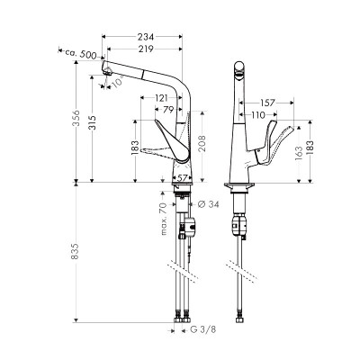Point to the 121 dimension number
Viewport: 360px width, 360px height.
(x=162, y=97)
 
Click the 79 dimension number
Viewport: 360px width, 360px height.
(x=169, y=110)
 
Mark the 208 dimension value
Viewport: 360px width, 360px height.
(x=204, y=141)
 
